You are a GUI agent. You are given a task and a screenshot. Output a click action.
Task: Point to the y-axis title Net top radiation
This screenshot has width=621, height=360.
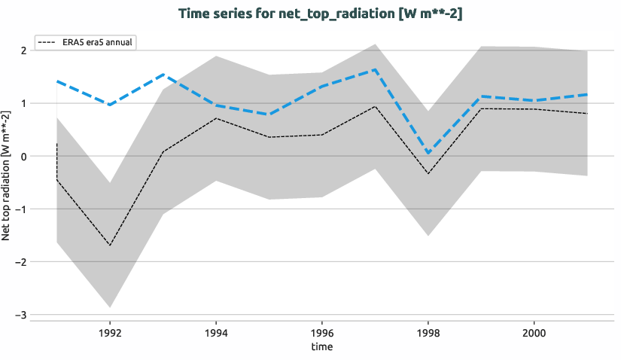[7, 175]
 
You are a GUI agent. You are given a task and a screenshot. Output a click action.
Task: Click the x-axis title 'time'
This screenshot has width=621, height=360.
[322, 347]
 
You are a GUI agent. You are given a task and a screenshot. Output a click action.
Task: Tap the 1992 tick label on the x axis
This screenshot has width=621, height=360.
[110, 331]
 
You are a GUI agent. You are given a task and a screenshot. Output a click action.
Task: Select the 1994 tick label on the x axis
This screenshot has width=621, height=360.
[216, 331]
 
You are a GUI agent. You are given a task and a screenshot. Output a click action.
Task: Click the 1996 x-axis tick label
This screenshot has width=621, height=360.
[322, 331]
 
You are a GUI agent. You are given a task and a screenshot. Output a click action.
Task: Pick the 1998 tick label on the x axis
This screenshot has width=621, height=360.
[428, 331]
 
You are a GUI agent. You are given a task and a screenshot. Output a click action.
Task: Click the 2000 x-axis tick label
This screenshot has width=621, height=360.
[534, 331]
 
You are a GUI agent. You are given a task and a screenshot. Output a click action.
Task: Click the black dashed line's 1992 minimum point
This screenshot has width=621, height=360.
[110, 246]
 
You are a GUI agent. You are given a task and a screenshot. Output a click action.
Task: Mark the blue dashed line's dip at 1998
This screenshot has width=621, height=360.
[428, 153]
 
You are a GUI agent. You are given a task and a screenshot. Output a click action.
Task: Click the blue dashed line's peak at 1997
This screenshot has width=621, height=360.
[375, 69]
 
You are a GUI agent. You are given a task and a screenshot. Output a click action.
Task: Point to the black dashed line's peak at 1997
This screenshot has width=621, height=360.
[375, 106]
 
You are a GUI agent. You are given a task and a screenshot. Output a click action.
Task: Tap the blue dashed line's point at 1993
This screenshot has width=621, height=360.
[163, 75]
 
